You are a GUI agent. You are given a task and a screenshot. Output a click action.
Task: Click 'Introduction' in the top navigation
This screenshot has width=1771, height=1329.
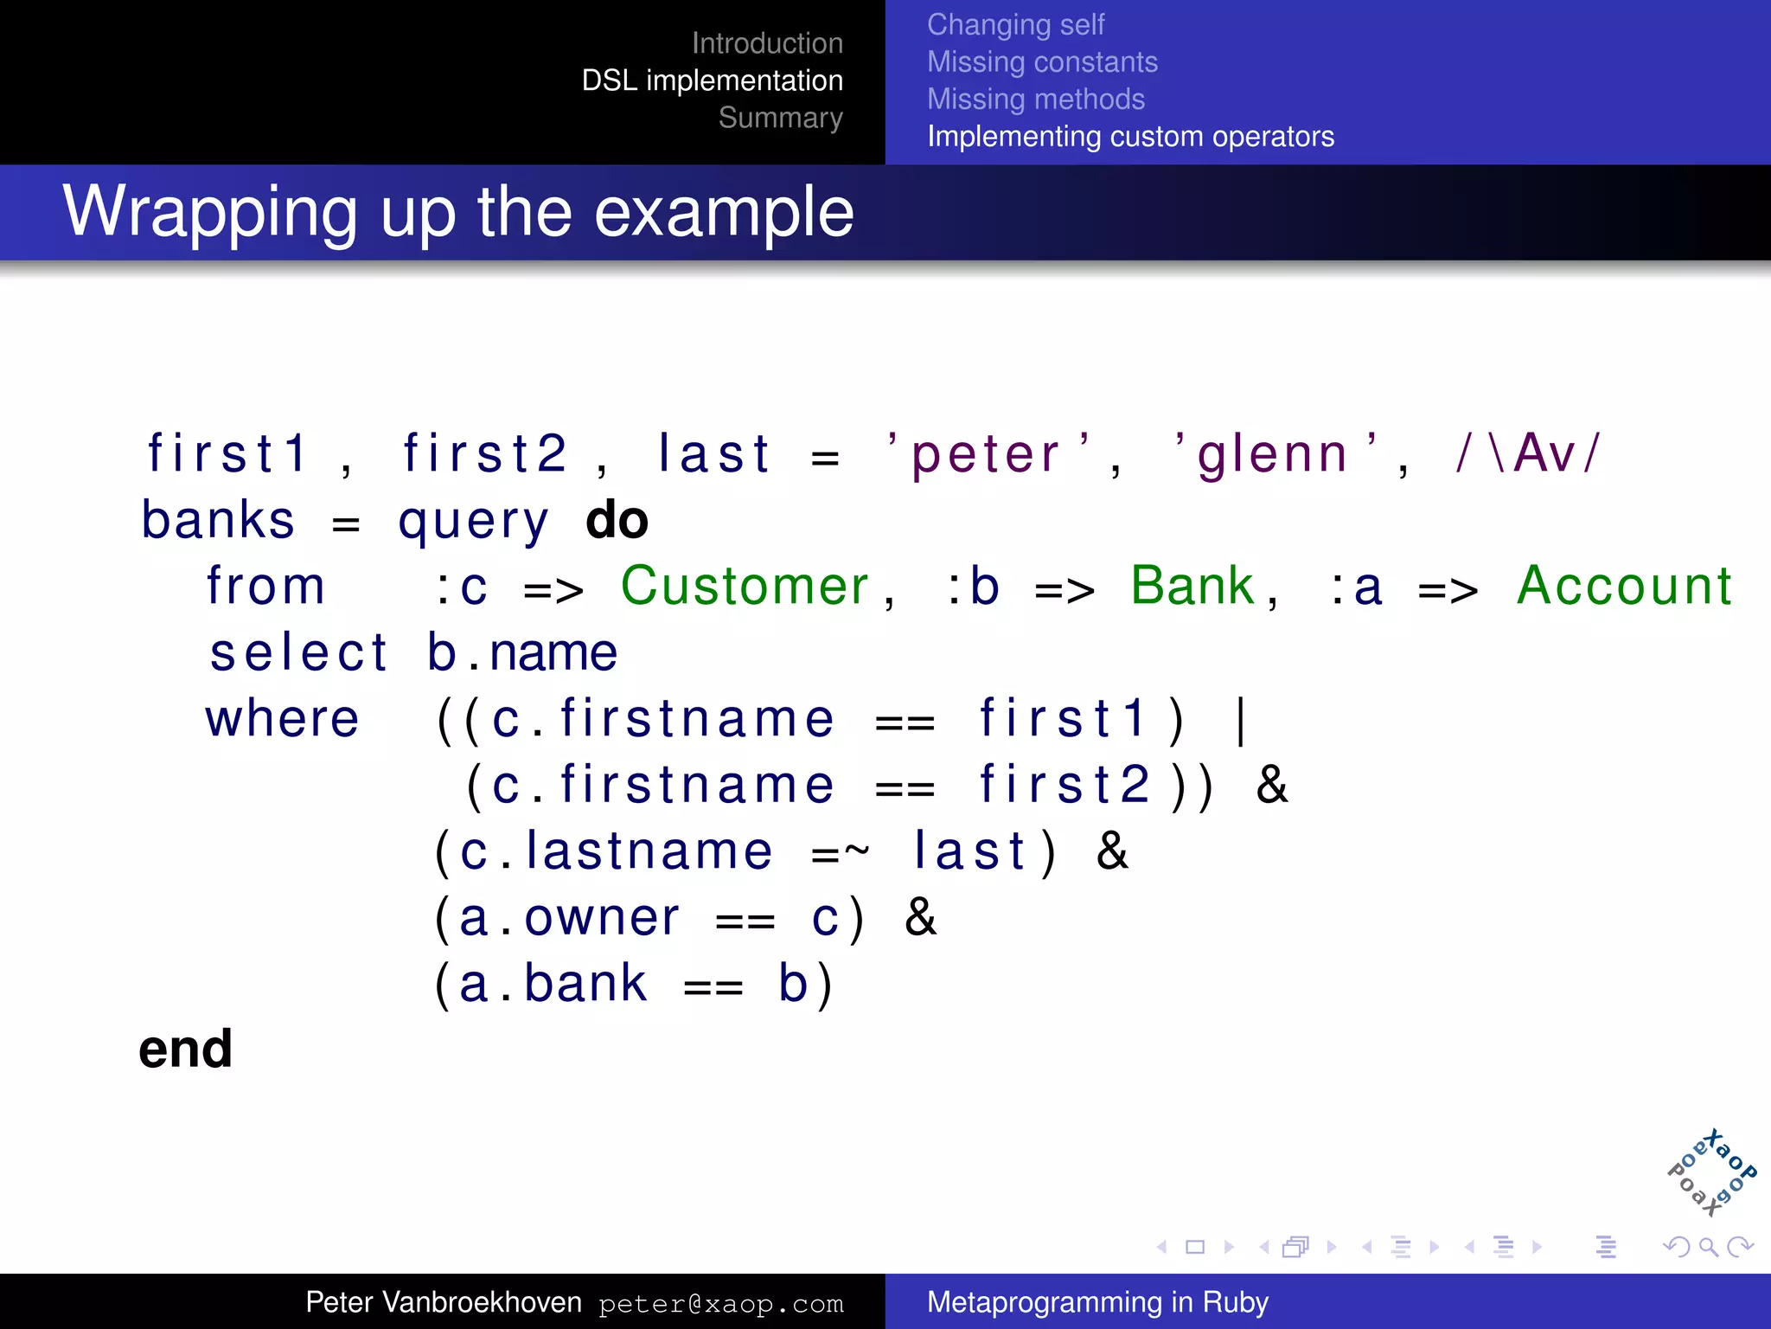coord(767,43)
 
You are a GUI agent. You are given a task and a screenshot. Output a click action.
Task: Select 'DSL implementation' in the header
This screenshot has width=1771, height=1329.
coord(712,80)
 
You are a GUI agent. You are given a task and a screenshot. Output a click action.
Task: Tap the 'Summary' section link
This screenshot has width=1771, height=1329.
coord(780,118)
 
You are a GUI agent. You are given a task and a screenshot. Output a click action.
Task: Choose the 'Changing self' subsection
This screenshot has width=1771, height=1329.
coord(1015,25)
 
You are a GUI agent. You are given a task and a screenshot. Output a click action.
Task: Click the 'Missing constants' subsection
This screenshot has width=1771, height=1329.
coord(1042,62)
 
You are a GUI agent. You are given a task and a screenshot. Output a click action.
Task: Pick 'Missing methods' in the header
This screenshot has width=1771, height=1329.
coord(1035,100)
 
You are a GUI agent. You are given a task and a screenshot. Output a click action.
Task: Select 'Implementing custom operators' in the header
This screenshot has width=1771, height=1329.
coord(1130,137)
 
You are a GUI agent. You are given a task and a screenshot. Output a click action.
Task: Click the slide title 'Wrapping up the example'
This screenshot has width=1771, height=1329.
coord(458,212)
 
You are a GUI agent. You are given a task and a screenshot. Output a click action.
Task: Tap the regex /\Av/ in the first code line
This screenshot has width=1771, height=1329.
coord(1529,453)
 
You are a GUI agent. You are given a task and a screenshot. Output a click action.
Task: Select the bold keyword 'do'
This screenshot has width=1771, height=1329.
coord(617,521)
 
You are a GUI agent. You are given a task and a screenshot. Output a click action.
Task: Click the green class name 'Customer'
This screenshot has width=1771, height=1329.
coord(745,587)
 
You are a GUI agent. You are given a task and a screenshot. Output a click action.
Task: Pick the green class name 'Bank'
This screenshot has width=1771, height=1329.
coord(1192,587)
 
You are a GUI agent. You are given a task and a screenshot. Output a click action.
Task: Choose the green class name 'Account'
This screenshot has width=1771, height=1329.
coord(1624,587)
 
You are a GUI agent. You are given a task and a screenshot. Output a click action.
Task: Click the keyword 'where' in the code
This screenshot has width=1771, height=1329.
coord(282,720)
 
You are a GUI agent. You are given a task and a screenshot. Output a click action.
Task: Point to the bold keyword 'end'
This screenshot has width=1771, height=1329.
coord(186,1050)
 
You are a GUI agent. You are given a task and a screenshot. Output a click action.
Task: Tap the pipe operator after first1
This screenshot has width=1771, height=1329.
coord(1242,720)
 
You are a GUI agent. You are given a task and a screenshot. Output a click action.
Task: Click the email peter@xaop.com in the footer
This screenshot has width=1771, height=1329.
coord(720,1304)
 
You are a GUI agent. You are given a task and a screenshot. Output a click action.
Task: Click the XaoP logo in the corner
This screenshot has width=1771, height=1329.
coord(1711,1173)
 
